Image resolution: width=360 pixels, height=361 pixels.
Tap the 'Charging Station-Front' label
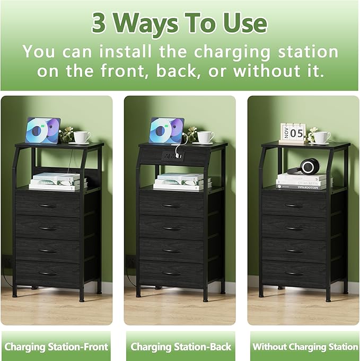point(56,347)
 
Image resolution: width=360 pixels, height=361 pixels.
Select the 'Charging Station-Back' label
point(181,347)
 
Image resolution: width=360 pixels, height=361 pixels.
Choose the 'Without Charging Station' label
point(305,347)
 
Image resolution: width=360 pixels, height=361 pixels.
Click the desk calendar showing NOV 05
point(293,133)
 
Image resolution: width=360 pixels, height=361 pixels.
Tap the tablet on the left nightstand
point(43,130)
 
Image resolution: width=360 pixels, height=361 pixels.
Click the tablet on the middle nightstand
point(166,130)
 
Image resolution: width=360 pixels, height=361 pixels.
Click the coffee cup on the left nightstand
point(81,137)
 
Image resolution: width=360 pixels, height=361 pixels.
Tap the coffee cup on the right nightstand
point(321,137)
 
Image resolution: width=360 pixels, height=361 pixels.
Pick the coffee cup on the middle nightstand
point(205,137)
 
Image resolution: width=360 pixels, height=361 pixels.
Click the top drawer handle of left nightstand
point(48,205)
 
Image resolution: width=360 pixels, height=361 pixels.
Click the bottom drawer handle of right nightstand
point(294,274)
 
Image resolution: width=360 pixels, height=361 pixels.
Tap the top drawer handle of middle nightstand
point(171,205)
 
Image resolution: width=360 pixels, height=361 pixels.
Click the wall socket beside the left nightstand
point(7,262)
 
